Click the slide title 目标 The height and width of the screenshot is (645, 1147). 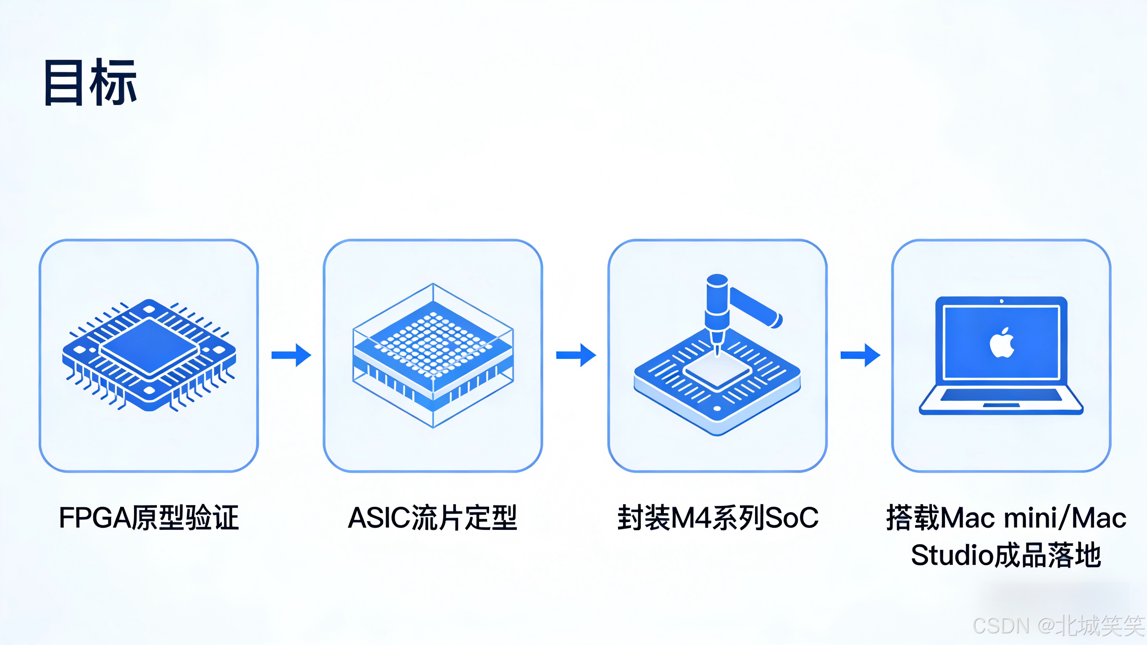point(90,83)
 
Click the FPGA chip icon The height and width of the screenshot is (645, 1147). point(149,355)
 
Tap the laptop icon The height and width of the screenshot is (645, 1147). point(1001,355)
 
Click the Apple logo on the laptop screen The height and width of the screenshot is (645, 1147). point(1002,343)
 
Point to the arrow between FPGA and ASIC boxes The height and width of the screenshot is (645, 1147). point(291,355)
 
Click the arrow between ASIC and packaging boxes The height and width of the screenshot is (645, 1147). point(576,355)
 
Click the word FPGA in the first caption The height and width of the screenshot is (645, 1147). point(95,518)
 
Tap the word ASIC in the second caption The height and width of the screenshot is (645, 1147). point(379,518)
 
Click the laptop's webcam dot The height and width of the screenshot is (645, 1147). point(1001,302)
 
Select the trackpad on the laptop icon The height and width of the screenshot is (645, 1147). point(1001,405)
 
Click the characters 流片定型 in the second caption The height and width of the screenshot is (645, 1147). point(464,518)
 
